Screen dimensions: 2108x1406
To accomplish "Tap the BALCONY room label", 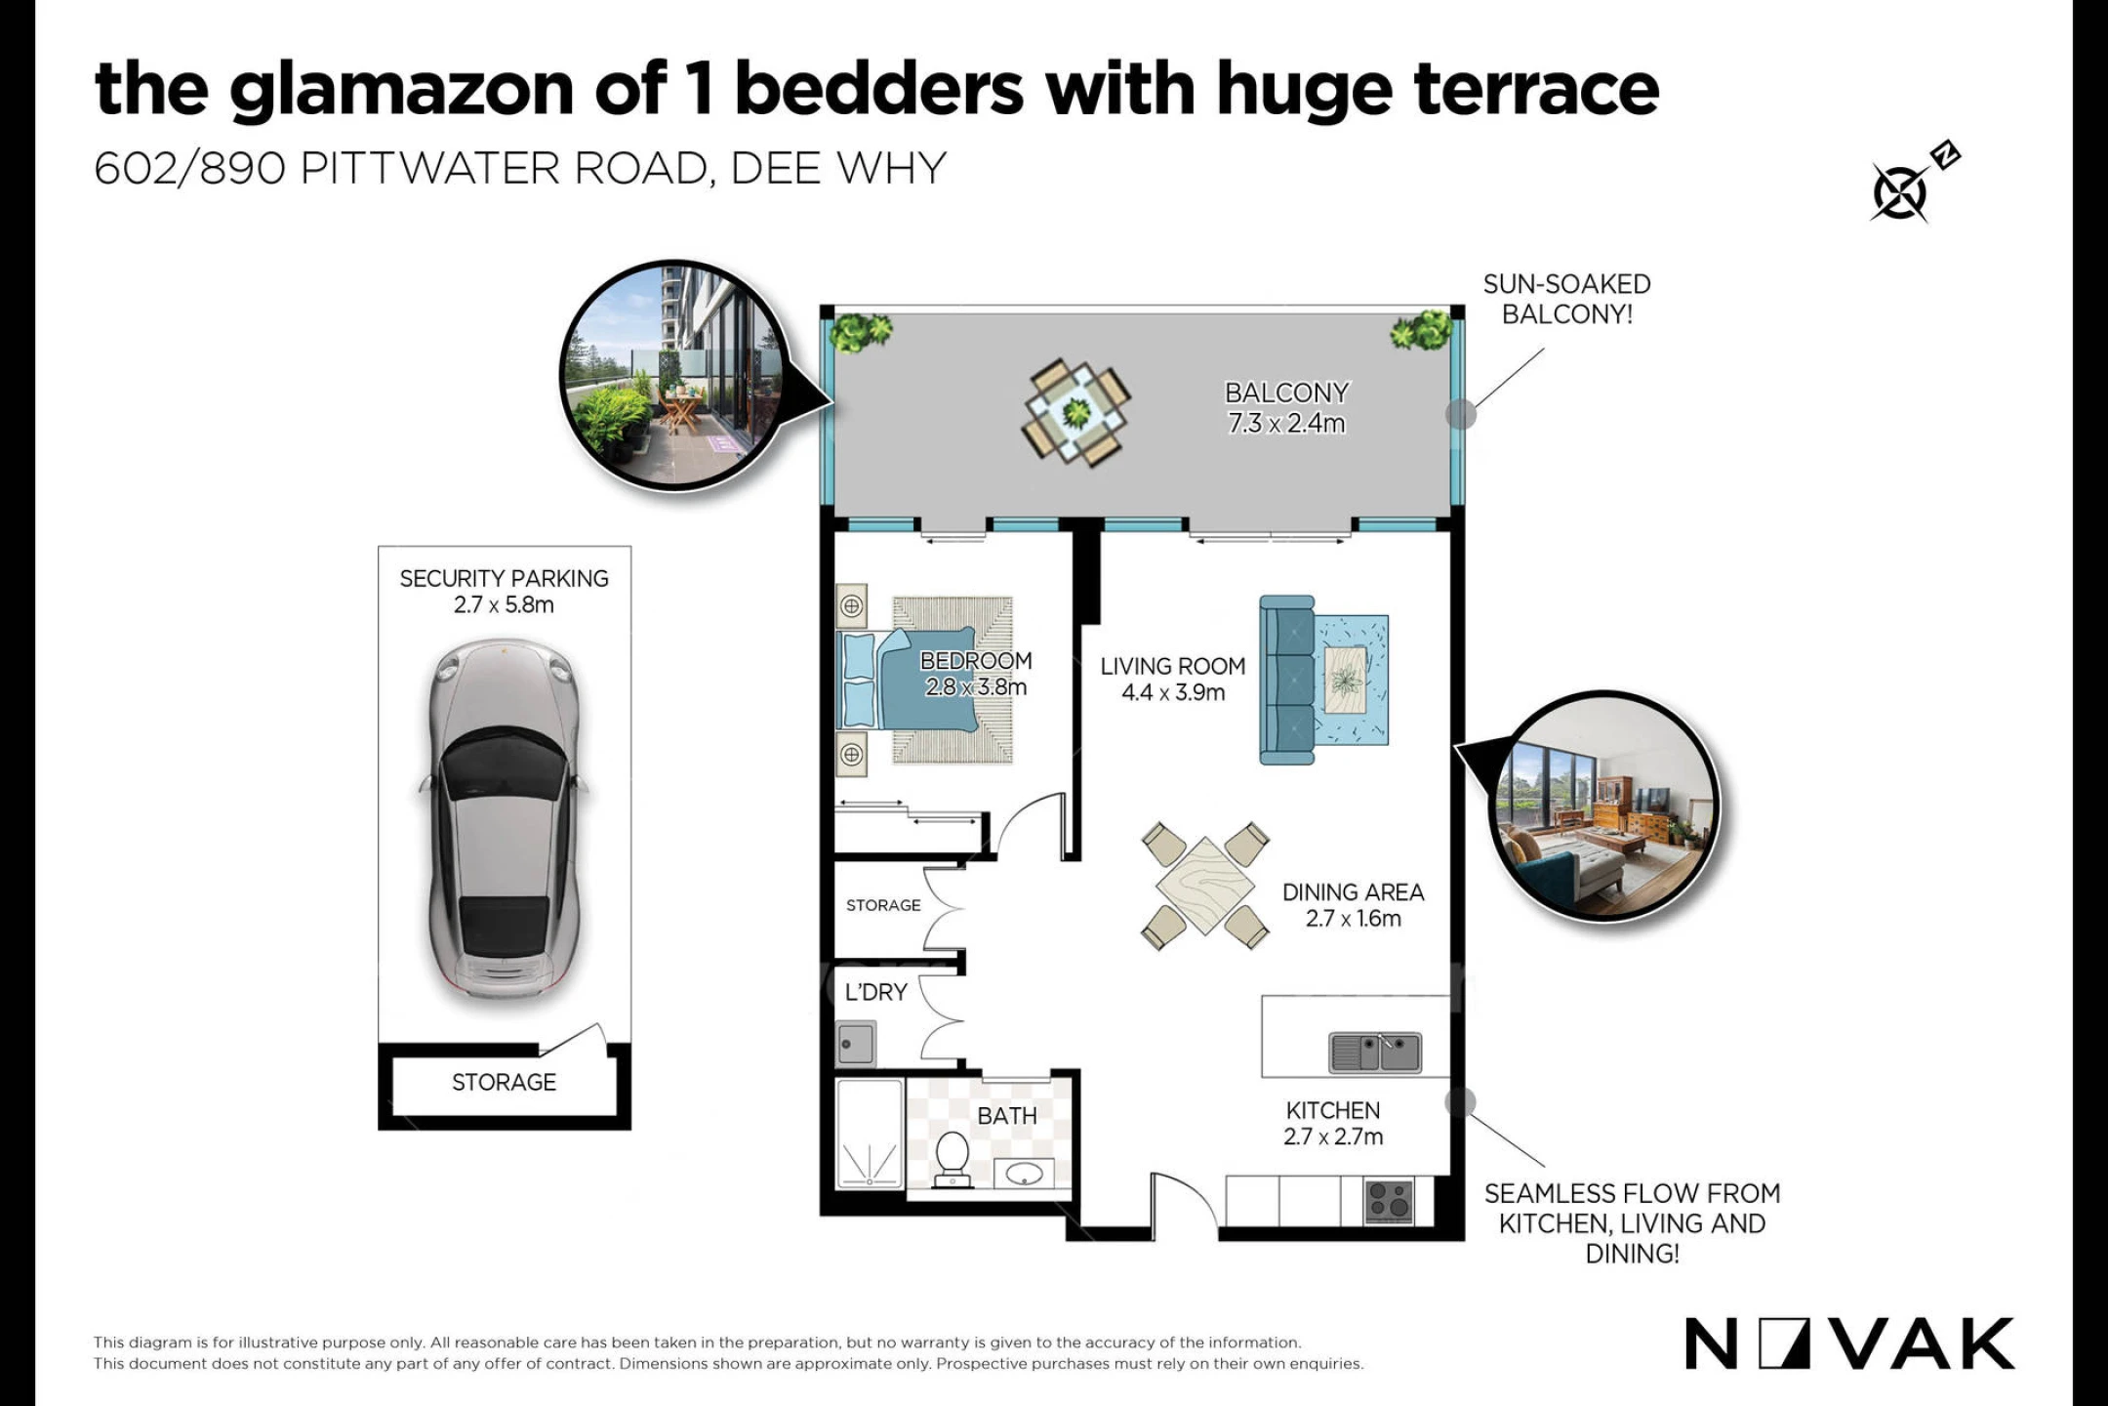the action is pos(1286,393).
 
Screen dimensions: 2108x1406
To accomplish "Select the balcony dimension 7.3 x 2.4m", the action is pos(1286,424).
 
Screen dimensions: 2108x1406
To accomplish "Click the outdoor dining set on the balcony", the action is pos(1076,414).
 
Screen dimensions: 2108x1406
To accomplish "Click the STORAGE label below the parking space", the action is pos(504,1082).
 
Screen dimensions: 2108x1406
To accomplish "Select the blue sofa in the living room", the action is pos(1287,680).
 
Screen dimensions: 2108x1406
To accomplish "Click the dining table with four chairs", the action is pos(1205,887).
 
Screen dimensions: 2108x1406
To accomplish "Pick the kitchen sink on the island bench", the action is pos(1375,1053).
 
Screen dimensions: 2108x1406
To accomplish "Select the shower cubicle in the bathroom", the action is pos(870,1134).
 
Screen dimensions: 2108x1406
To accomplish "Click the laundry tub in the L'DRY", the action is pos(856,1044).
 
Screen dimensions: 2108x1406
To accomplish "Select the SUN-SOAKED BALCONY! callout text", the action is pos(1566,299).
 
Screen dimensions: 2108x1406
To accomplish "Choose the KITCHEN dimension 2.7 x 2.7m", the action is pos(1333,1137).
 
